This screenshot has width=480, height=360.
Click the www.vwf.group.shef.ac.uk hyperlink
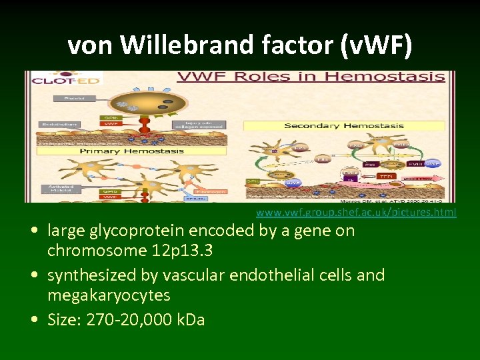[356, 213]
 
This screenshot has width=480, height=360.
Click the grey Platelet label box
[70, 98]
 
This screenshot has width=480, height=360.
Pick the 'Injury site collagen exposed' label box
[191, 124]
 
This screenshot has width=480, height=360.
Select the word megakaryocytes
[109, 295]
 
